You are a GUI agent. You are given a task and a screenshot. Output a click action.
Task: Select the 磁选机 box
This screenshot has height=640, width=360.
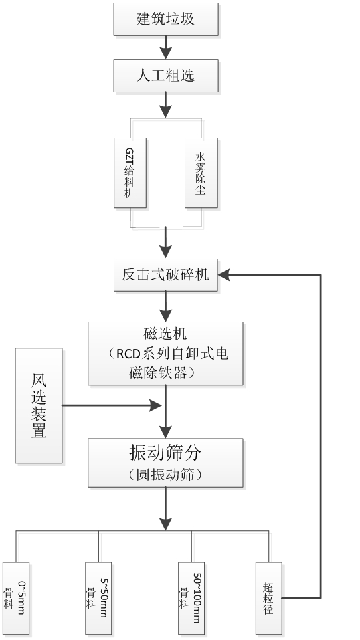coord(165,354)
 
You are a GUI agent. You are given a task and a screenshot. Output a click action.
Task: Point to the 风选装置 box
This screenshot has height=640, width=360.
coord(39,405)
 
